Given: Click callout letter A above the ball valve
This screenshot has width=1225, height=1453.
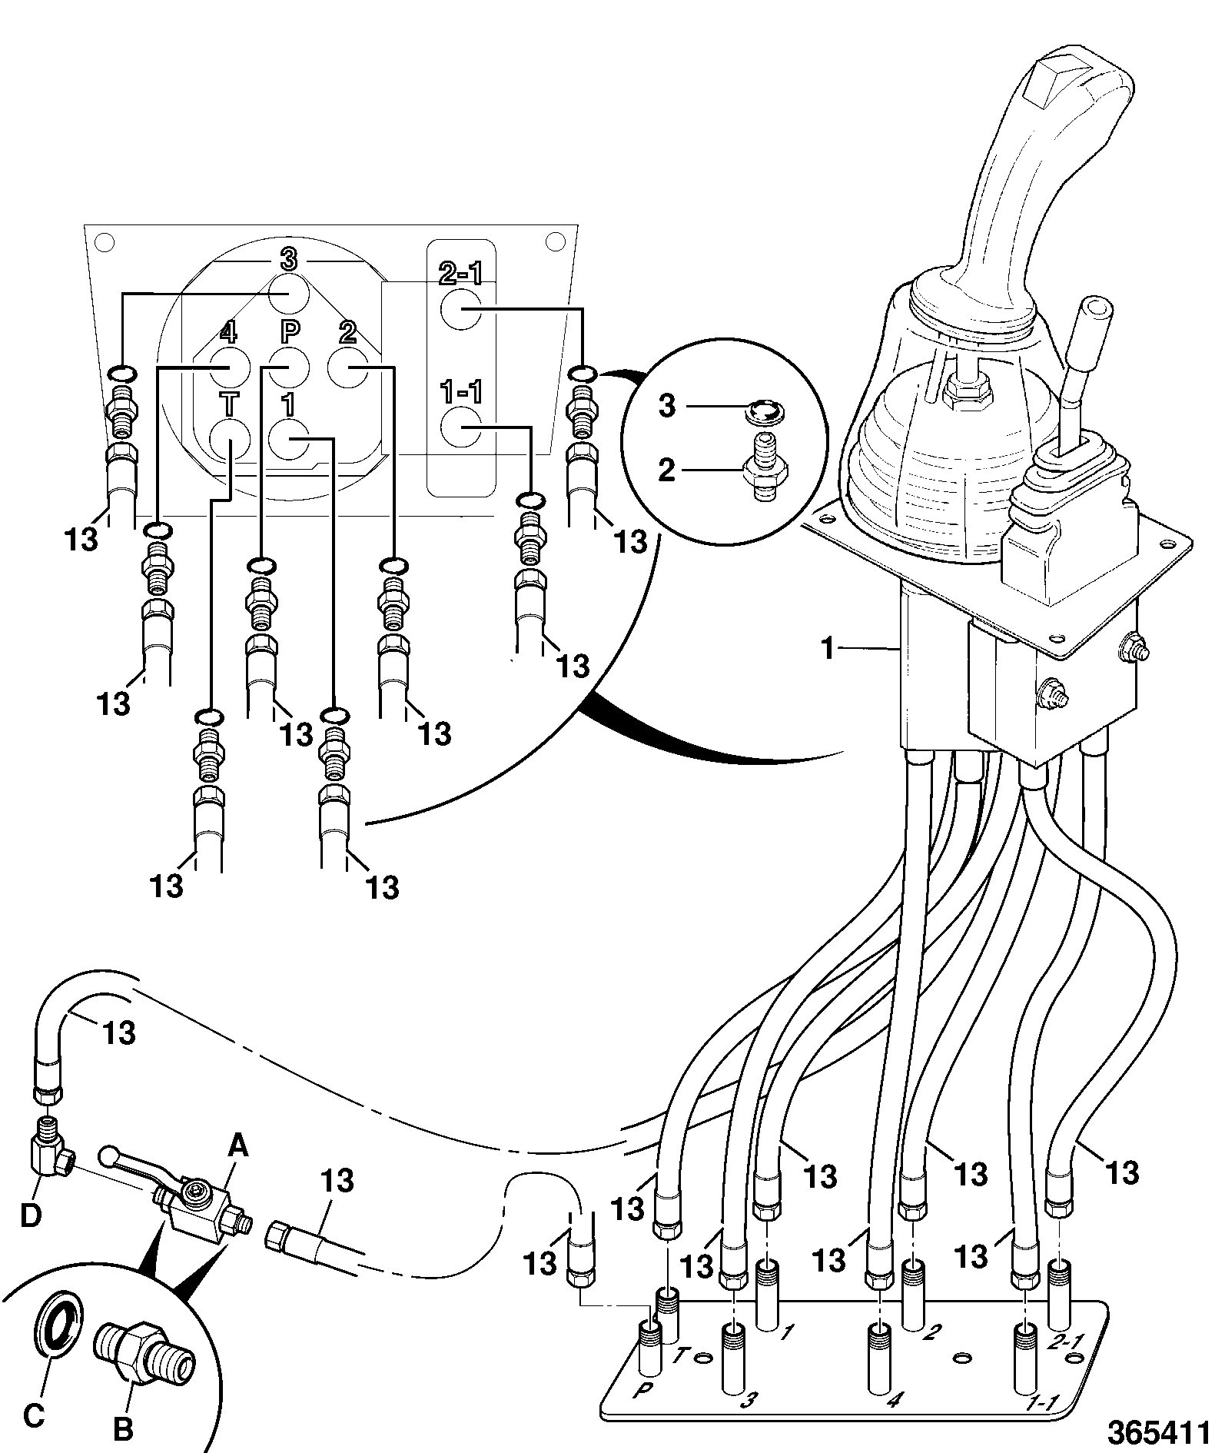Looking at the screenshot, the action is tap(239, 1169).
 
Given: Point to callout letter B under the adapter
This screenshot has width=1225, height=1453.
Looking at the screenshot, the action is tap(123, 1430).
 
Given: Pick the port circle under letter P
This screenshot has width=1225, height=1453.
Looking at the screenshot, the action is tap(289, 367).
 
